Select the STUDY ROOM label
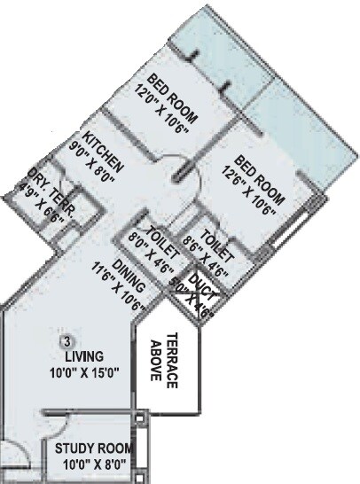point(91,448)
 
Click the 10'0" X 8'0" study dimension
point(91,463)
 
